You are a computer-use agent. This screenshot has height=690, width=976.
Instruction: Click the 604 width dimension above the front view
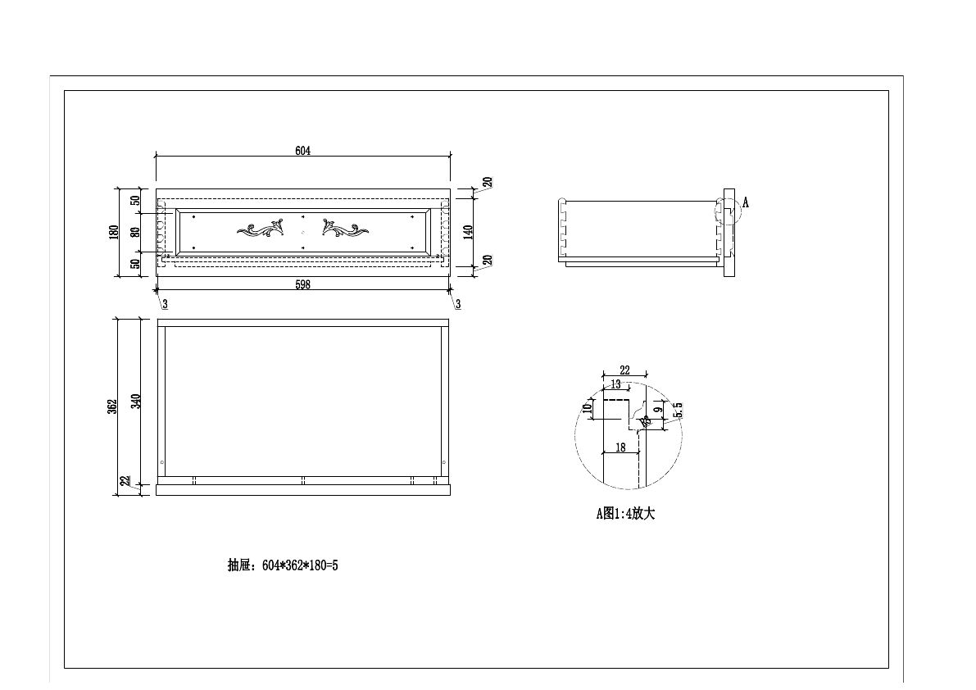pyautogui.click(x=303, y=150)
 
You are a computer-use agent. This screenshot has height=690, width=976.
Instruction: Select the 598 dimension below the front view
pyautogui.click(x=303, y=284)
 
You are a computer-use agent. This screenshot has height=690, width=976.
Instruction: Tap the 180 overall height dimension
pyautogui.click(x=114, y=232)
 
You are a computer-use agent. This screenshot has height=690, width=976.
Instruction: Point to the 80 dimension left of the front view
pyautogui.click(x=136, y=232)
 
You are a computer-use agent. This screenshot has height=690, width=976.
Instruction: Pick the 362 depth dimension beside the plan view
pyautogui.click(x=113, y=406)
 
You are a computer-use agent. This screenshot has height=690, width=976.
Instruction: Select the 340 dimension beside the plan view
pyautogui.click(x=136, y=401)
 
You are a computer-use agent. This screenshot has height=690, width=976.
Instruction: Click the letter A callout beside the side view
pyautogui.click(x=746, y=203)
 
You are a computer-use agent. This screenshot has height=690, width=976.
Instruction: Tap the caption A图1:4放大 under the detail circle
pyautogui.click(x=625, y=514)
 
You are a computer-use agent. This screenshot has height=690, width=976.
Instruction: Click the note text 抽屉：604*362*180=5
pyautogui.click(x=283, y=565)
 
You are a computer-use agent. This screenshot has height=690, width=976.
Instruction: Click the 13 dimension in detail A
pyautogui.click(x=615, y=384)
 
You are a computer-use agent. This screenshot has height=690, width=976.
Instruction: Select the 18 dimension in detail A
pyautogui.click(x=620, y=447)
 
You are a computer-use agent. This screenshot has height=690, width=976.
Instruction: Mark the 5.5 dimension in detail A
pyautogui.click(x=677, y=410)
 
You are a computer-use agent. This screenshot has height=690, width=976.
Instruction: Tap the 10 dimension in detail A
pyautogui.click(x=587, y=408)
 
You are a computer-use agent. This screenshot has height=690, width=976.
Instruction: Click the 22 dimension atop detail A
pyautogui.click(x=624, y=370)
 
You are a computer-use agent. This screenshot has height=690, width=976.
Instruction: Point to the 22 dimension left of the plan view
pyautogui.click(x=125, y=482)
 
